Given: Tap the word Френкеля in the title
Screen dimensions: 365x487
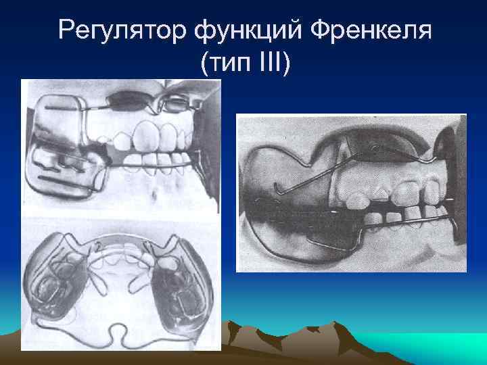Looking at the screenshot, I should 365,30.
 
